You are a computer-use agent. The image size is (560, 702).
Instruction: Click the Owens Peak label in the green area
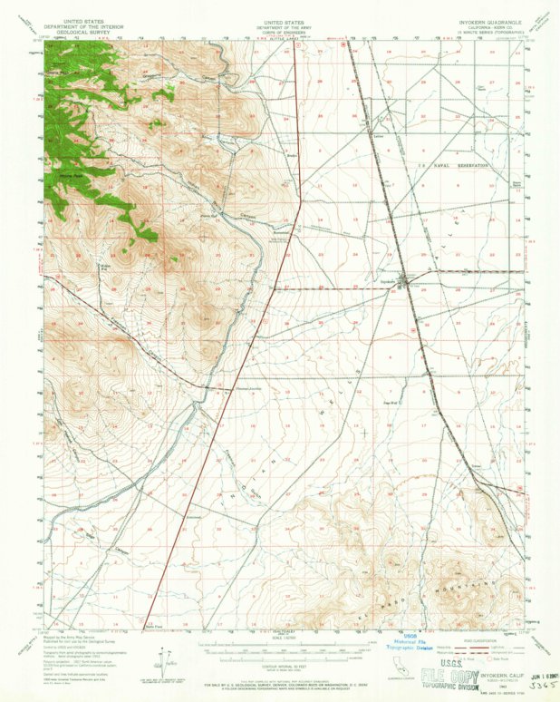point(71,174)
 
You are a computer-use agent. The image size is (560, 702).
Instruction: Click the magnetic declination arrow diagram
point(164,658)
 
